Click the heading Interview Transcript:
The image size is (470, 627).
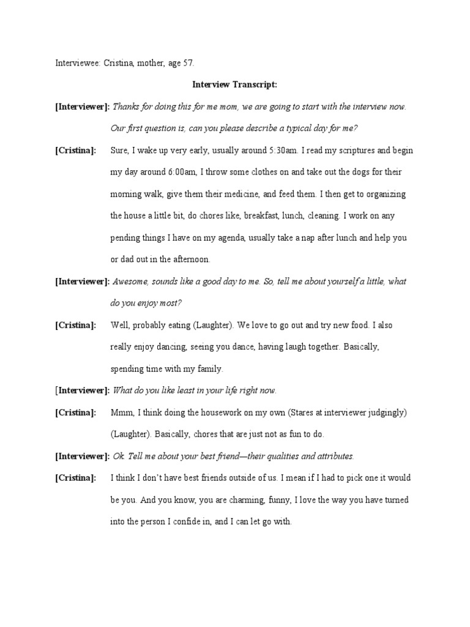coord(235,84)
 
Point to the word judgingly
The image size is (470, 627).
coord(379,412)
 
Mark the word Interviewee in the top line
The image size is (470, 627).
coord(76,62)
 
